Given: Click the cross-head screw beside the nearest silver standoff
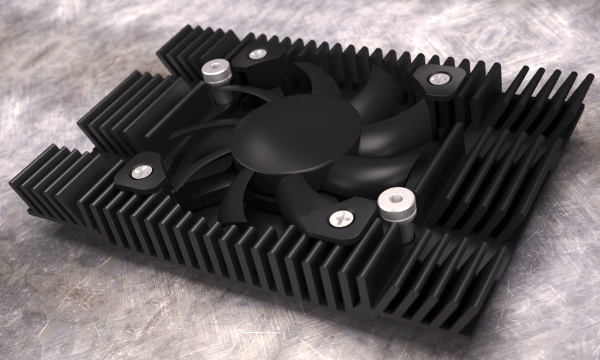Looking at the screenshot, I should [340, 219].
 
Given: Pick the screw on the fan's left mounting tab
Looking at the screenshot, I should [141, 171].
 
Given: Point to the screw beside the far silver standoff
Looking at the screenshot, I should [257, 55].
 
